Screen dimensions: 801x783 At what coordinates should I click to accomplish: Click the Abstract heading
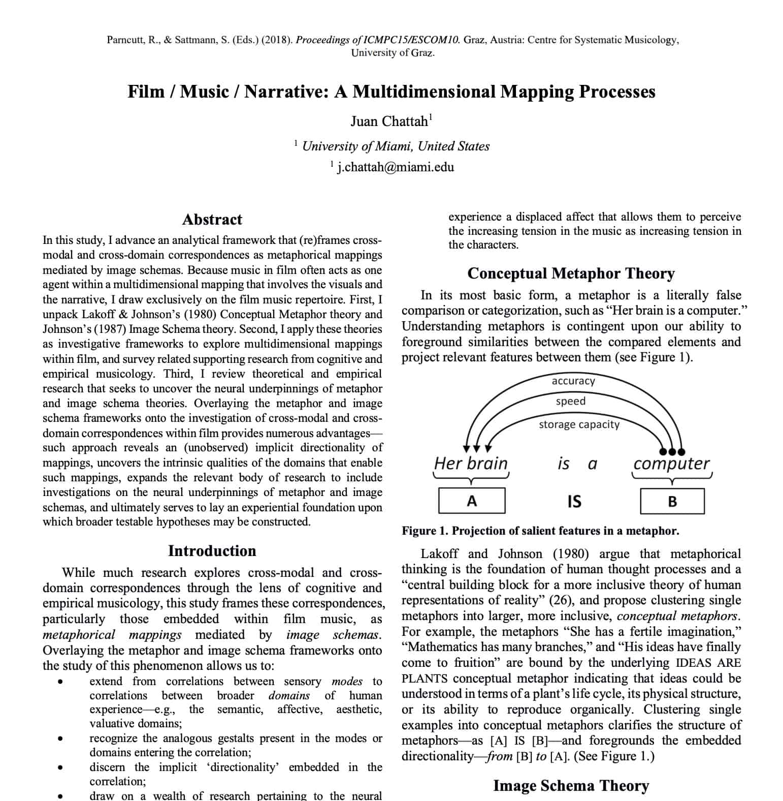[212, 220]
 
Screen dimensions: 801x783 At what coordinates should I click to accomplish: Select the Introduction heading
[212, 551]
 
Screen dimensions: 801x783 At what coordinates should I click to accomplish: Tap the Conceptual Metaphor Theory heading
[571, 273]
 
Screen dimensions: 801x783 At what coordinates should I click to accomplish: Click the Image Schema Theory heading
[571, 786]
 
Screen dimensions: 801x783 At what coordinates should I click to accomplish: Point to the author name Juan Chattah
[389, 121]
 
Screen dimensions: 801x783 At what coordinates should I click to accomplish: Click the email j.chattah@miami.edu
[395, 167]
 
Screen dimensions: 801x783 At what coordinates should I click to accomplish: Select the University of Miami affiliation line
[395, 146]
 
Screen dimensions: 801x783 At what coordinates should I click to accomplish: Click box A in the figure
[472, 501]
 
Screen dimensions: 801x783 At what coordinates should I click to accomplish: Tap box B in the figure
[672, 502]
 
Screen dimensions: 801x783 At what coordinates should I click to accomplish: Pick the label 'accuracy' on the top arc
[573, 381]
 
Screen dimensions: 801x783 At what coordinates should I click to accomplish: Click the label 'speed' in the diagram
[570, 402]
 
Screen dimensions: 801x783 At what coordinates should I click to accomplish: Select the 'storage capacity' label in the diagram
[579, 424]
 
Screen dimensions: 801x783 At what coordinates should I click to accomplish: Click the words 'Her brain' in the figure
[471, 464]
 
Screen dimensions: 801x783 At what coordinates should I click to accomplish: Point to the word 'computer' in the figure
[671, 464]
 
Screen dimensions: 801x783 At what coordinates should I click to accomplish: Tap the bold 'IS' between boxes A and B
[574, 502]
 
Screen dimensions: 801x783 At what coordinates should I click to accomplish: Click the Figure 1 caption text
[540, 531]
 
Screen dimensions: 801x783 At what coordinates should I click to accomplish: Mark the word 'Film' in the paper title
[146, 92]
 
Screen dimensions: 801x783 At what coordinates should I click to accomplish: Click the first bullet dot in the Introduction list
[60, 682]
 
